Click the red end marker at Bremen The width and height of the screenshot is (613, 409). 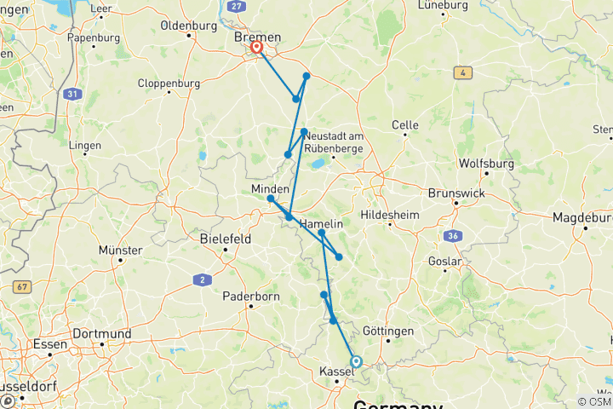(255, 48)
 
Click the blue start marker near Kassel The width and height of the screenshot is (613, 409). (356, 361)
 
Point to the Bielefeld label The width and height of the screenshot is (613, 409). (225, 239)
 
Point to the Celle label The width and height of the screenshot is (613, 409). (404, 125)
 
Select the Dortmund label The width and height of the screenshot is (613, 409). (101, 333)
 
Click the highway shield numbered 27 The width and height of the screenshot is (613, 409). (237, 6)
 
